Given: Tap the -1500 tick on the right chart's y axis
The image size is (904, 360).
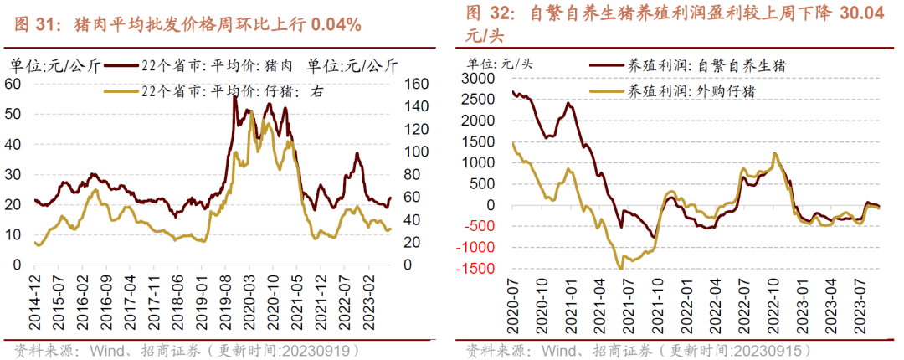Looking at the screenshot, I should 478,269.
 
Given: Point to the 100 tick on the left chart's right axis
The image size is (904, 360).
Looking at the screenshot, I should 416,151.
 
